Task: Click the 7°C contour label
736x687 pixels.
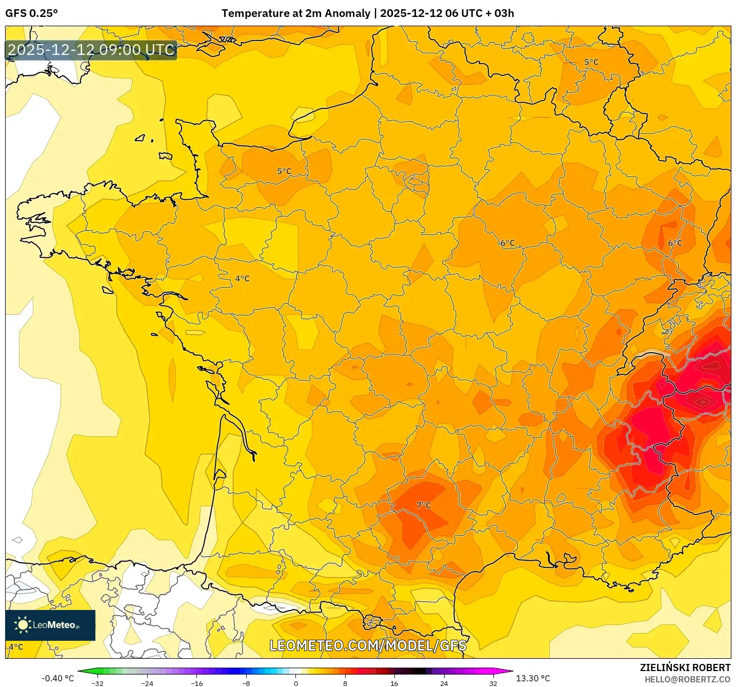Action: tap(424, 505)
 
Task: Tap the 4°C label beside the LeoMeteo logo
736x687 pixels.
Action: tap(16, 647)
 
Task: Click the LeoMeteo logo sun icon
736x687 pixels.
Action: tap(23, 624)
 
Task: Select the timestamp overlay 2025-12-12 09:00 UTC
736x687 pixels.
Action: tap(91, 50)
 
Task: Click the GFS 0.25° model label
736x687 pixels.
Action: tap(32, 13)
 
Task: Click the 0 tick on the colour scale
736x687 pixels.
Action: tap(295, 683)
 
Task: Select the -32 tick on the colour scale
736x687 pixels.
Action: tap(97, 683)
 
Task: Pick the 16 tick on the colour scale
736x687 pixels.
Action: tap(394, 683)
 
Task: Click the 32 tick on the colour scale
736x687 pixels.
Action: tap(493, 683)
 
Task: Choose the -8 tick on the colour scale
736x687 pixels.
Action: tap(246, 683)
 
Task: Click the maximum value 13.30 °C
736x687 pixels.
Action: tap(533, 678)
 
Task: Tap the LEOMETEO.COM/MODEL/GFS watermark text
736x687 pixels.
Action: tap(368, 645)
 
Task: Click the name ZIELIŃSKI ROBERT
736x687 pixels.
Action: tap(685, 667)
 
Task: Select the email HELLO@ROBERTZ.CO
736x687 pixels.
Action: tap(687, 679)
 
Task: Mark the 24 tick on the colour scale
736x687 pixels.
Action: tap(444, 683)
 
